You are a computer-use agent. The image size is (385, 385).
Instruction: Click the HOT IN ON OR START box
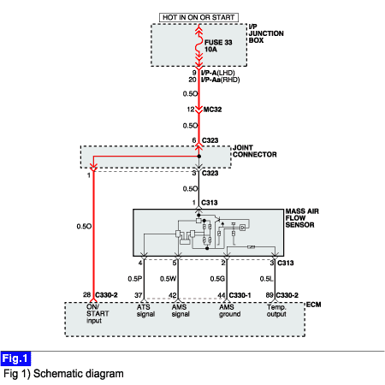pyautogui.click(x=198, y=17)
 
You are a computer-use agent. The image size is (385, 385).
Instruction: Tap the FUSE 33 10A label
pyautogui.click(x=218, y=46)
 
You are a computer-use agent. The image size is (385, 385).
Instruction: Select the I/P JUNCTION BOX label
pyautogui.click(x=266, y=33)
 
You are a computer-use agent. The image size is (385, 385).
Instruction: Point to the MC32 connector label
pyautogui.click(x=212, y=110)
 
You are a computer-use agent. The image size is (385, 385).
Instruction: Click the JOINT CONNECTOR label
pyautogui.click(x=255, y=151)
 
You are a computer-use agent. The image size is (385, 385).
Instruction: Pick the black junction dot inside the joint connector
pyautogui.click(x=199, y=157)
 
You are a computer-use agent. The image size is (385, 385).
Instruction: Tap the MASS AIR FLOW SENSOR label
pyautogui.click(x=302, y=218)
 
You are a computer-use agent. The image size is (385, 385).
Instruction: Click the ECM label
pyautogui.click(x=314, y=305)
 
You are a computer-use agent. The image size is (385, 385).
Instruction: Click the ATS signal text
pyautogui.click(x=145, y=311)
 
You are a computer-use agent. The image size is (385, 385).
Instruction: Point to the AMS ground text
pyautogui.click(x=229, y=311)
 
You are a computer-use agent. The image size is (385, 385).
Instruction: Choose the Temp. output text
pyautogui.click(x=276, y=311)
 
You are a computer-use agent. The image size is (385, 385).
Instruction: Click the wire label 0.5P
pyautogui.click(x=135, y=279)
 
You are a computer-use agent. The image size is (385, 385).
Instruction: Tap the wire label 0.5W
pyautogui.click(x=169, y=279)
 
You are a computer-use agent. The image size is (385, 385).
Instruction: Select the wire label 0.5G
pyautogui.click(x=217, y=279)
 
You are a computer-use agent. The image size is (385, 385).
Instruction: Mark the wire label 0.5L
pyautogui.click(x=266, y=279)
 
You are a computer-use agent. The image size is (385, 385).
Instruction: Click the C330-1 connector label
pyautogui.click(x=240, y=295)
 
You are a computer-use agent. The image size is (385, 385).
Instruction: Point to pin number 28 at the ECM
pyautogui.click(x=87, y=294)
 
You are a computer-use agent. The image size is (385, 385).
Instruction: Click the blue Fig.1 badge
pyautogui.click(x=15, y=358)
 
